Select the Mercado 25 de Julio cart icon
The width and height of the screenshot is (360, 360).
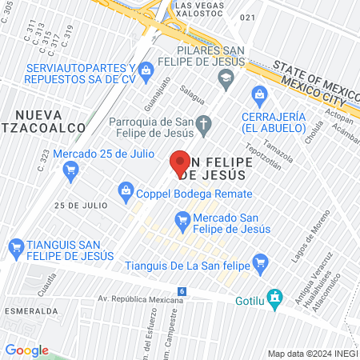70,170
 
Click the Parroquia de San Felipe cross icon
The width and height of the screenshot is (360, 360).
205,124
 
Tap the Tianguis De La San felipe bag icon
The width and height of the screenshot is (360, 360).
259,262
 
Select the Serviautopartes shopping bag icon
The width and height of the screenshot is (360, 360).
146,72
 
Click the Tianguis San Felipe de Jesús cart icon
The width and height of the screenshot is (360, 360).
15,247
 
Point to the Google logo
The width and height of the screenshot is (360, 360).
26,350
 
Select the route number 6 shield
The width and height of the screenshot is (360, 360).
182,291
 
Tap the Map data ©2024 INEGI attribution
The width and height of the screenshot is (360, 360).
311,353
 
